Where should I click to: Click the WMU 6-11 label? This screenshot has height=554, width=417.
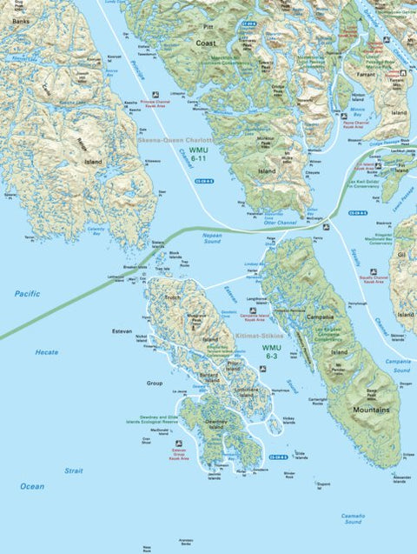pyautogui.click(x=199, y=156)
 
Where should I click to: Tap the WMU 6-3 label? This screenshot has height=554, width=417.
pyautogui.click(x=271, y=351)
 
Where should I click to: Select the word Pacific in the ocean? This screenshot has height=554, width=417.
pyautogui.click(x=27, y=294)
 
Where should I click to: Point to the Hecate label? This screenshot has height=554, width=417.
pyautogui.click(x=47, y=352)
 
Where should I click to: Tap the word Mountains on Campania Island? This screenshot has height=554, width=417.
pyautogui.click(x=371, y=409)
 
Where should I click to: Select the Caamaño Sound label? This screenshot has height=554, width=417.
pyautogui.click(x=353, y=519)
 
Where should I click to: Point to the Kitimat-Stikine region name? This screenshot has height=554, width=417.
pyautogui.click(x=268, y=334)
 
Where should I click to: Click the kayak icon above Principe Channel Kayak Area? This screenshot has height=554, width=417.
pyautogui.click(x=155, y=95)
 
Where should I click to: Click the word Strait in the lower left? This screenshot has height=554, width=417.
pyautogui.click(x=74, y=471)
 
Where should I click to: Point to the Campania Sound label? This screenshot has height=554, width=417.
pyautogui.click(x=399, y=360)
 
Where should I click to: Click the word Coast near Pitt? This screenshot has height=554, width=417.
pyautogui.click(x=206, y=43)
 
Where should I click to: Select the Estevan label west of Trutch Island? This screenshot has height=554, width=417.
pyautogui.click(x=121, y=330)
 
